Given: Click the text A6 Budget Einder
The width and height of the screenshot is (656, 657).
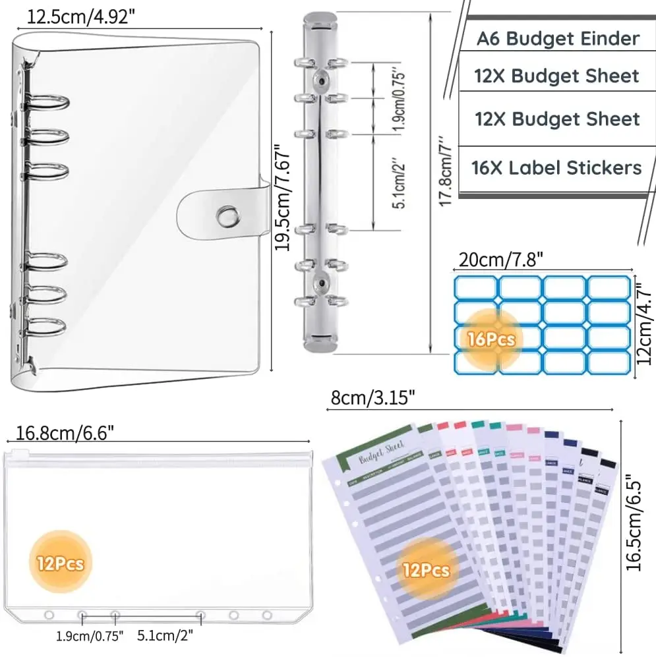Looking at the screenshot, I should [558, 38].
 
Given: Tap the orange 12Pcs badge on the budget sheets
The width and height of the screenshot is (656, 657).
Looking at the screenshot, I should [428, 569].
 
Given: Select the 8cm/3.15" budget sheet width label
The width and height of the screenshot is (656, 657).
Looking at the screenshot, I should [373, 397].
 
